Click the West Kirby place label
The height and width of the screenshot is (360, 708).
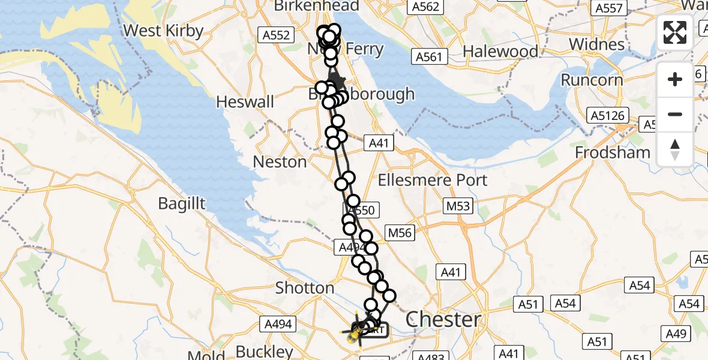coord(163,31)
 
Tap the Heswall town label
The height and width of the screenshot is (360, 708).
coord(245,101)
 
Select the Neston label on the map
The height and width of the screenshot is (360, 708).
coord(280,161)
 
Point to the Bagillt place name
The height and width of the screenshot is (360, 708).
coord(182,203)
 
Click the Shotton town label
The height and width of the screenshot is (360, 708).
coord(304,288)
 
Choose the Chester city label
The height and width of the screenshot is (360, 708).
coord(443,319)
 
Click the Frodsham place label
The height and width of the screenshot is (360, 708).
coord(613,152)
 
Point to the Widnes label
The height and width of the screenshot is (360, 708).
coord(596,44)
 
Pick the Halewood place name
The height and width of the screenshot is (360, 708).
coord(501,52)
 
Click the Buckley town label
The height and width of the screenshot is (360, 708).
coord(264,352)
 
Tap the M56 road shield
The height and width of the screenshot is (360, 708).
coord(400,232)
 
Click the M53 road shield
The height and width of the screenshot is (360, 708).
coord(458,206)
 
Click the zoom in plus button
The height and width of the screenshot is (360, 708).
coord(675,79)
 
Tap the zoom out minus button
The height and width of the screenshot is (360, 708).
coord(675,114)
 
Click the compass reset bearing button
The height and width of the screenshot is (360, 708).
coord(675,149)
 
